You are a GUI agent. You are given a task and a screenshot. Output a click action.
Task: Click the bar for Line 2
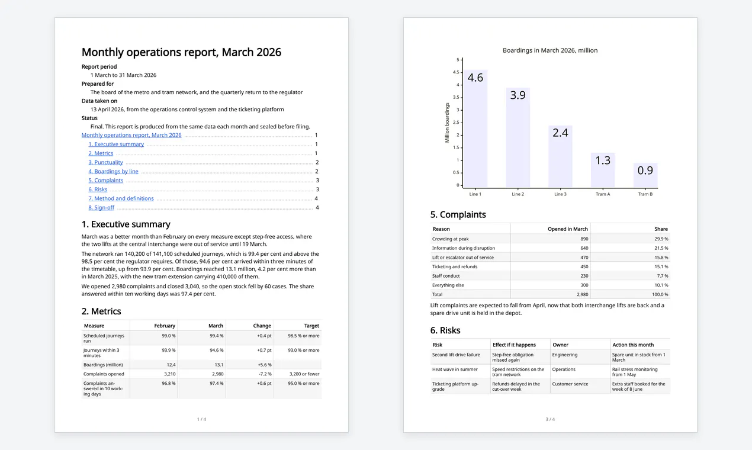point(518,137)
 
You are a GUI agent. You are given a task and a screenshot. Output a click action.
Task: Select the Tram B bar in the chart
point(645,175)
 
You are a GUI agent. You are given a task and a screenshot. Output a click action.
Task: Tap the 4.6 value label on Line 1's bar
point(475,78)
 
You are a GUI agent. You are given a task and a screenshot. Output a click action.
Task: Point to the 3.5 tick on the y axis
point(456,97)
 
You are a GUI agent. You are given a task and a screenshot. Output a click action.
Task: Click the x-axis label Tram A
point(603,194)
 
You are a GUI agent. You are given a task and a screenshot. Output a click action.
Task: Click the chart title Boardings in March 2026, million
point(550,50)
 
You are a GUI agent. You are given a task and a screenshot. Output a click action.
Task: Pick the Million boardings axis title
point(447,123)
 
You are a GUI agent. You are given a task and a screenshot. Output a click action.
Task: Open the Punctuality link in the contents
point(106,162)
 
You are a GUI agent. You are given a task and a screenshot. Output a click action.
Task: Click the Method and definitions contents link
point(121,198)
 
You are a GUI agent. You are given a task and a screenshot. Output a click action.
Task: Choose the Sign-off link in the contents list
point(101,208)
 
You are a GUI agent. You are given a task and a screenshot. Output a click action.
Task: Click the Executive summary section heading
point(126,224)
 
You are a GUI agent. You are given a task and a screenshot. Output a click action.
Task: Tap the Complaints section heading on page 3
point(458,214)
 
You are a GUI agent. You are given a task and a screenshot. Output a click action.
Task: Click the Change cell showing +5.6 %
point(265,365)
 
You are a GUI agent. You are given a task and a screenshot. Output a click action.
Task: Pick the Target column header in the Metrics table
point(311,326)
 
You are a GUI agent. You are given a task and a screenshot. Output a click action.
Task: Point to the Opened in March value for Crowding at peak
point(584,239)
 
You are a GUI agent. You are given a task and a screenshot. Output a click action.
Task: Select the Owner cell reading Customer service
point(570,384)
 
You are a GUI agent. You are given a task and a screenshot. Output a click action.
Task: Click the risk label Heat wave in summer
point(455,369)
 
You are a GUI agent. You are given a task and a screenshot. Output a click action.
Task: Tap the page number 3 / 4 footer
point(550,419)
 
